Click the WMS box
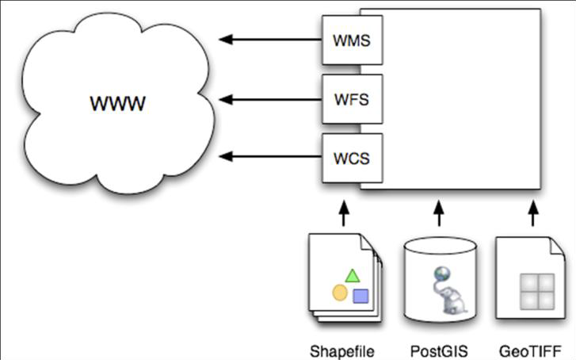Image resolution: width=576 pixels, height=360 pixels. point(352,40)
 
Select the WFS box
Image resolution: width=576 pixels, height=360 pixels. point(352,99)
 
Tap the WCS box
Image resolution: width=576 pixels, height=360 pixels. point(352,156)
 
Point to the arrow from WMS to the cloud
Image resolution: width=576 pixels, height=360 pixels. point(269,39)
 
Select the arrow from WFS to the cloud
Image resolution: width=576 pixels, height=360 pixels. point(269,99)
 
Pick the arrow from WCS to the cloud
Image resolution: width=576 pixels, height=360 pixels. point(269,156)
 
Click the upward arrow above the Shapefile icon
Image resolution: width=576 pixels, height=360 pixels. point(344,212)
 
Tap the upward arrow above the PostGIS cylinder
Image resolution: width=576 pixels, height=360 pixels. point(438,212)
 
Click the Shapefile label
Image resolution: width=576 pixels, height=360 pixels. point(342,350)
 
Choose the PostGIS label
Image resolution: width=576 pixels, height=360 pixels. point(438,350)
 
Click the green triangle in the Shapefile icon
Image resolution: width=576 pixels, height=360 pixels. point(352,277)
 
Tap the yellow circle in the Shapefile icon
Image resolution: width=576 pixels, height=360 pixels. point(340,293)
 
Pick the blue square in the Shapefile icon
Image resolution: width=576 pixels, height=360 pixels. point(360,297)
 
